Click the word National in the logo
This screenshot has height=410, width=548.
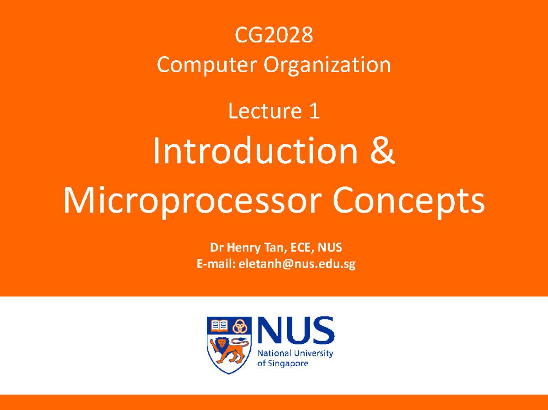coord(274,354)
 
